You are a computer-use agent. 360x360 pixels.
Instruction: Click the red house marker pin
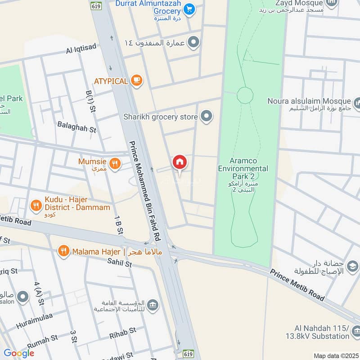pos(179,162)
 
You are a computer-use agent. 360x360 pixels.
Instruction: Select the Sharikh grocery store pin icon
pos(207,117)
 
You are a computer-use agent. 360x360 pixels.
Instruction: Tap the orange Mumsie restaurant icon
pos(115,164)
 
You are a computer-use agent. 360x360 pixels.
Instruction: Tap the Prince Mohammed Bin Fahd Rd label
pos(145,189)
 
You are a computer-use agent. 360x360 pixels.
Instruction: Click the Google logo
pos(18,353)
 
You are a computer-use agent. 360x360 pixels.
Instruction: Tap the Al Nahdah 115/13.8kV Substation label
pos(317,332)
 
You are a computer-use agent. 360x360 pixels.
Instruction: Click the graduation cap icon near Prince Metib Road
pos(353,267)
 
